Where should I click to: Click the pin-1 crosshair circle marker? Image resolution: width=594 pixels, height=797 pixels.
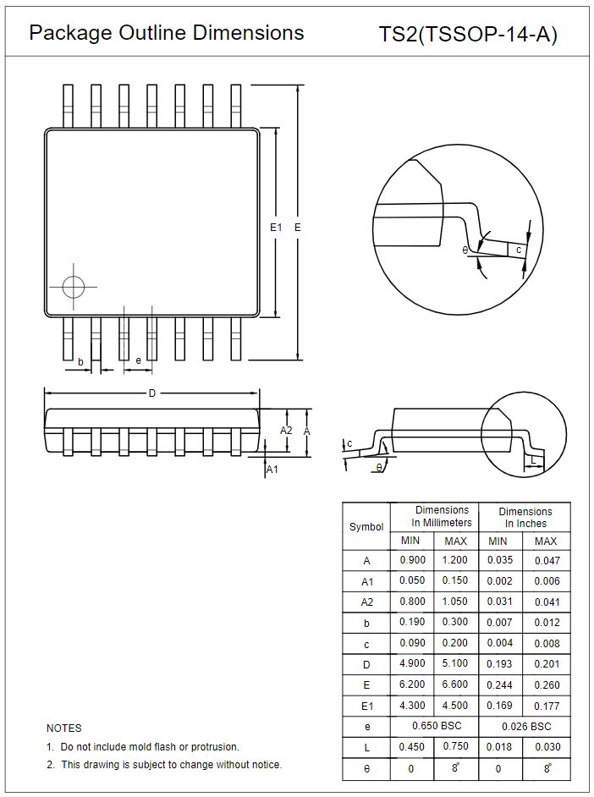pos(74,287)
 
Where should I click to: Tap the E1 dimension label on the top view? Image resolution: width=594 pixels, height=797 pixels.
pos(275,228)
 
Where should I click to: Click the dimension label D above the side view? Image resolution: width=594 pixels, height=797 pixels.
pos(152,393)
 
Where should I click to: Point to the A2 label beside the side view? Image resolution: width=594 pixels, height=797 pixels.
pos(286,431)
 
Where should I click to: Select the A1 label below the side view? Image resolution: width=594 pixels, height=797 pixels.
pos(272,470)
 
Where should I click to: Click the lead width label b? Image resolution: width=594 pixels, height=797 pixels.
pos(80,362)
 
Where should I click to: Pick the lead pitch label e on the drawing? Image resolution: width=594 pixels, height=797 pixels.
pos(138,360)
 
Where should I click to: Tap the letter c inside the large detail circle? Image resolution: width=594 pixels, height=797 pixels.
pos(518,250)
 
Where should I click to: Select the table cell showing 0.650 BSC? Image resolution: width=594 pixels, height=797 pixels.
pos(434,726)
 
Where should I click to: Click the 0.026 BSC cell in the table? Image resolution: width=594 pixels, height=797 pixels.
pos(525,726)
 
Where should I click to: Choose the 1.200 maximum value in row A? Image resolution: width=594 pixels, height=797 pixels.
pos(455,560)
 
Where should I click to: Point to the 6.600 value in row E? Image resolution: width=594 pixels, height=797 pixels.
pos(455,684)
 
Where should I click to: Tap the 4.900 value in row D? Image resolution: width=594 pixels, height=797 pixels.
pos(412,664)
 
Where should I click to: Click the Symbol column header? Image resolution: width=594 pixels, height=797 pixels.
pos(366,526)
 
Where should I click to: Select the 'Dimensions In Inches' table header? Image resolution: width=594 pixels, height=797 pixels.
pos(525,517)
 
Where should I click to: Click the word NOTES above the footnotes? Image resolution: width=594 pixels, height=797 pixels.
pos(64,728)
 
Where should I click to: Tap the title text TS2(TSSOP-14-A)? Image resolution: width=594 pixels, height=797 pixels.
pos(468,35)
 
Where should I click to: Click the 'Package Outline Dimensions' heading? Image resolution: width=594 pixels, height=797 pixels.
pos(167,33)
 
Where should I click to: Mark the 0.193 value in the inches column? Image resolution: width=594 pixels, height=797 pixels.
pos(500,664)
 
